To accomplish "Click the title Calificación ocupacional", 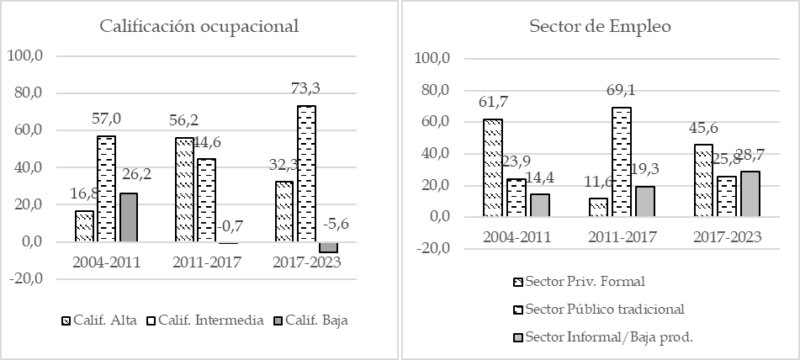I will (199, 25).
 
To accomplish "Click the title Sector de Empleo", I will (600, 25).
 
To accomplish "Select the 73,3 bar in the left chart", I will (306, 172).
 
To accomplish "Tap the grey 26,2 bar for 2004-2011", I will (128, 217).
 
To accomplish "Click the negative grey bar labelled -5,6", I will (328, 247).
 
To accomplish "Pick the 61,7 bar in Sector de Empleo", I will (492, 167).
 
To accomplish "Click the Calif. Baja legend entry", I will (316, 320).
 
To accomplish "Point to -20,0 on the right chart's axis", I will (434, 249).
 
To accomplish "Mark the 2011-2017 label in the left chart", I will (207, 262).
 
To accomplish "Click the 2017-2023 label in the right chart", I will (728, 237).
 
